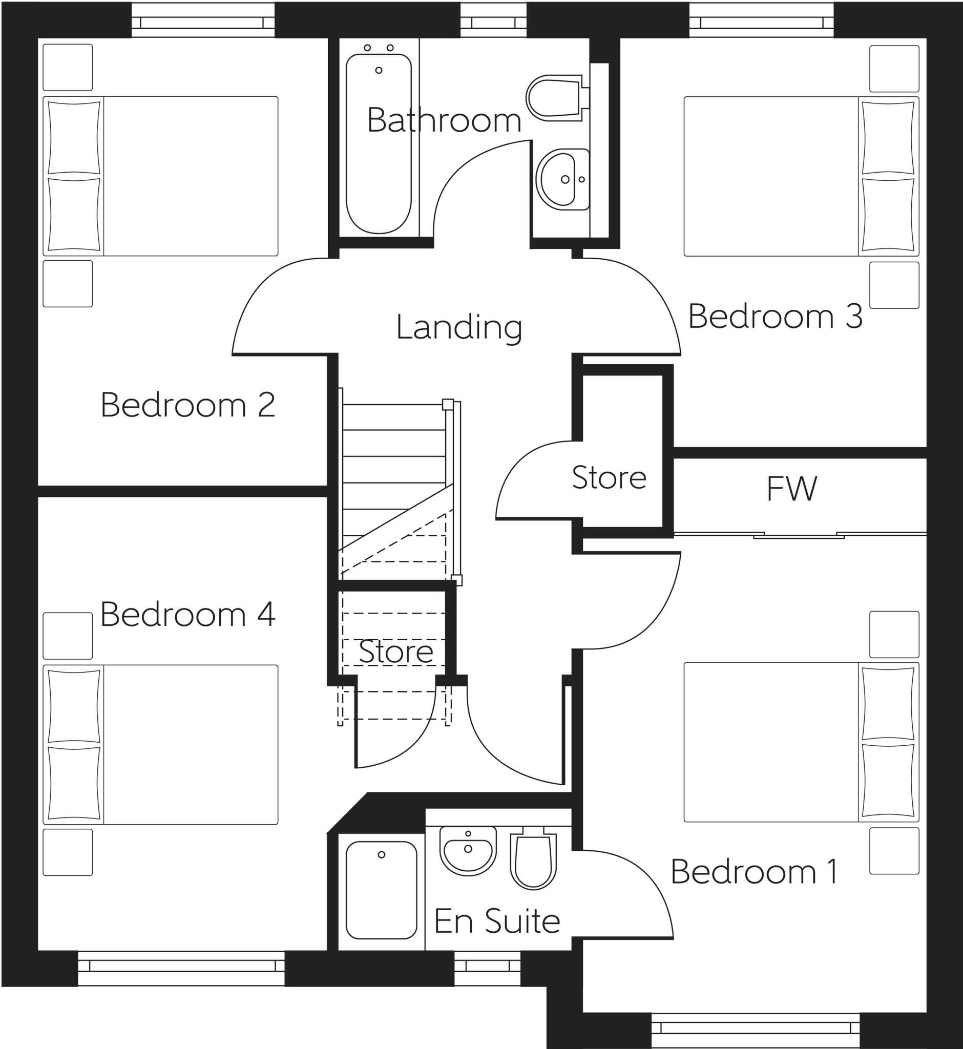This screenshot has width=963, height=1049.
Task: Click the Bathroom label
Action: (x=444, y=120)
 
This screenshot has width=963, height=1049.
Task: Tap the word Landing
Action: (x=458, y=327)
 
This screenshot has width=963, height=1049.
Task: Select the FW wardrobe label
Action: (x=791, y=489)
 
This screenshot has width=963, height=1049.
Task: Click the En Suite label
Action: (x=497, y=921)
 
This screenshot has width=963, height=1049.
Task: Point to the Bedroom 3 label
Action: (x=776, y=317)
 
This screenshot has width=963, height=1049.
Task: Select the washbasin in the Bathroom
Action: (x=562, y=179)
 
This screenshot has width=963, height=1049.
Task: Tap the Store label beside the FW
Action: (x=609, y=477)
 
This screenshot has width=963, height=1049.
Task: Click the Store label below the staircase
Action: (x=395, y=652)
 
